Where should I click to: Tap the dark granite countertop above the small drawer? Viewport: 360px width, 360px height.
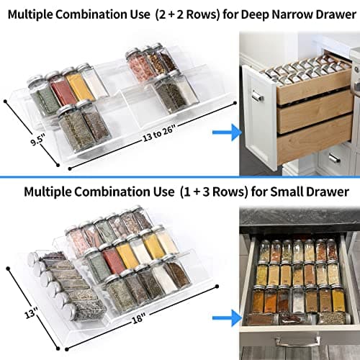pos(295,216)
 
